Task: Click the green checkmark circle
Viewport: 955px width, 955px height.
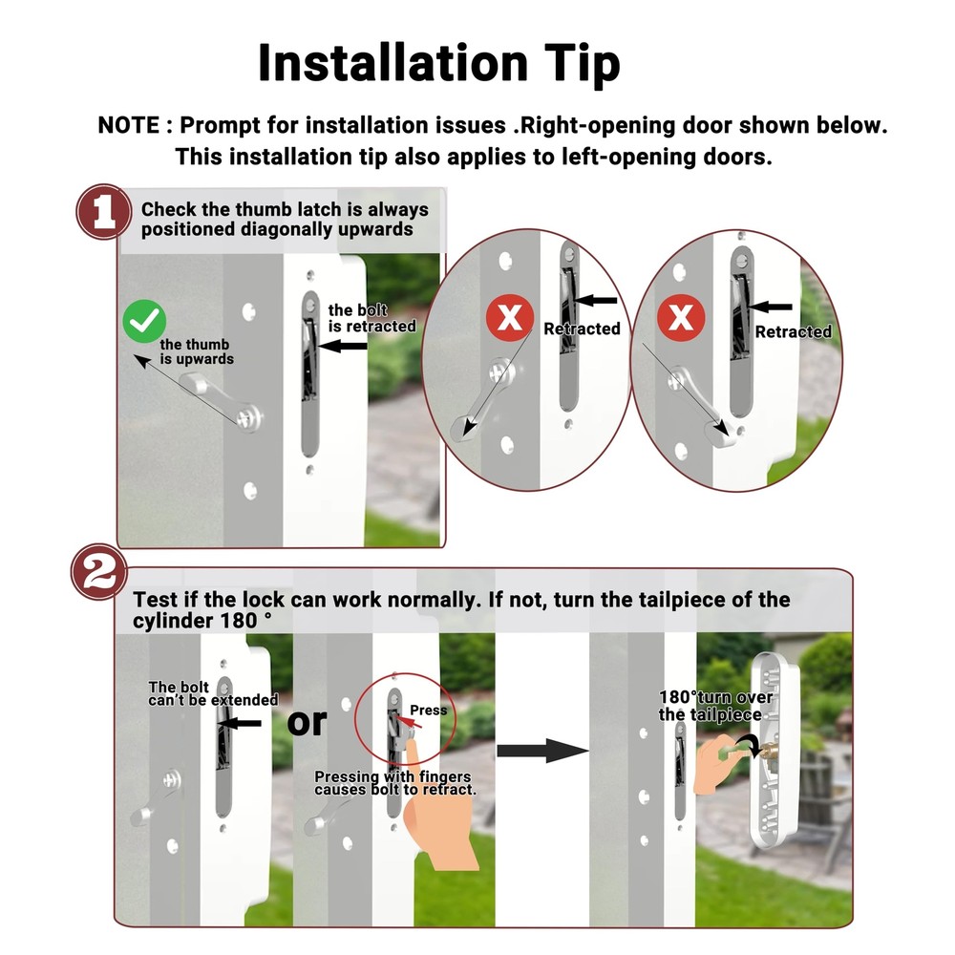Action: (144, 321)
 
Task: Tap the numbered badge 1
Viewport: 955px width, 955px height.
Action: (103, 212)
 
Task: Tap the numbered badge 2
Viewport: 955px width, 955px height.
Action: (99, 572)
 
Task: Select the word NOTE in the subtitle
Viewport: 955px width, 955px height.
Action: (129, 125)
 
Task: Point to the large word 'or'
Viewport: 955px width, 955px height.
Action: (307, 722)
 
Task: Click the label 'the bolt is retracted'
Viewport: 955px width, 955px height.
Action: (372, 319)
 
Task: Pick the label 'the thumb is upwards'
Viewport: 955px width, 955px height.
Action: (197, 351)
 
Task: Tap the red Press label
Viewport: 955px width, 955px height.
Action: (428, 711)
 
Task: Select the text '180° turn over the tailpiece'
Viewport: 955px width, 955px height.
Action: (715, 706)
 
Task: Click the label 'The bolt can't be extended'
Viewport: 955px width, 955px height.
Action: (213, 693)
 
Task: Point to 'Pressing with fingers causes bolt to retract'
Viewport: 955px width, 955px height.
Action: (394, 783)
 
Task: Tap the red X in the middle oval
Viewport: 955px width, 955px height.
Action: (510, 317)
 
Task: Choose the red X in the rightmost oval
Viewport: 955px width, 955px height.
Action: (681, 317)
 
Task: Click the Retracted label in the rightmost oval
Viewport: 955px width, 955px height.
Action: (793, 332)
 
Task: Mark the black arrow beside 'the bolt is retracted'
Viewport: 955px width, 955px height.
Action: (343, 346)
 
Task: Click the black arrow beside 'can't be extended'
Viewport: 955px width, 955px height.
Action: (240, 723)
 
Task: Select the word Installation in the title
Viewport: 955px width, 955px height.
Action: (393, 63)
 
